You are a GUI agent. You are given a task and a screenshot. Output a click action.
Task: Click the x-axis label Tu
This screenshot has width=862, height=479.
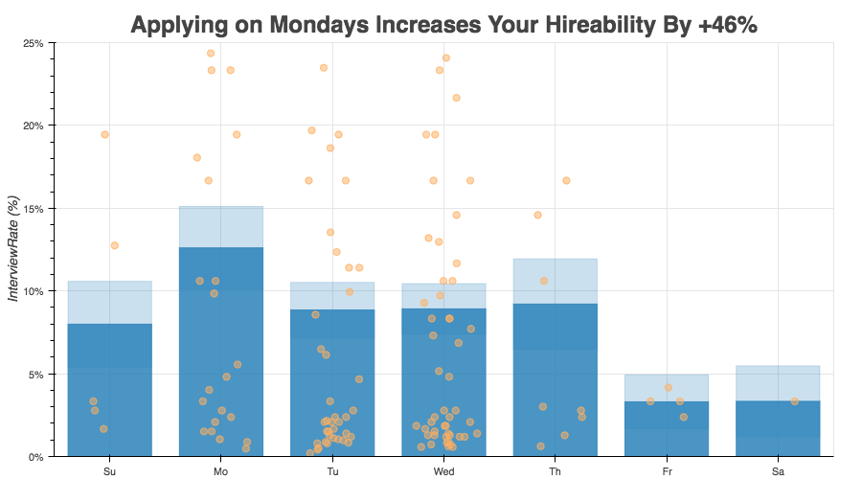pos(332,471)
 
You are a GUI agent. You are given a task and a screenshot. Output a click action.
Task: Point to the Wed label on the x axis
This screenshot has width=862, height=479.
pos(443,471)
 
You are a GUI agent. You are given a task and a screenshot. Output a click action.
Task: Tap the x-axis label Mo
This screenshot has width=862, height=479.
pos(220,471)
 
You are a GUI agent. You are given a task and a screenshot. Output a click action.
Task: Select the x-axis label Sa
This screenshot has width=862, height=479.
pos(778,471)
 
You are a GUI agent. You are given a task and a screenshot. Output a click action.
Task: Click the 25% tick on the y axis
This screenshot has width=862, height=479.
pos(33,43)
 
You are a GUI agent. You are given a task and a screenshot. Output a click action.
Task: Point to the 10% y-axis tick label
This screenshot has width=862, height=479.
pos(33,291)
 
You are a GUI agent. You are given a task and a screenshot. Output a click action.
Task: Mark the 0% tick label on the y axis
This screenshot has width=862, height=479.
pos(35,457)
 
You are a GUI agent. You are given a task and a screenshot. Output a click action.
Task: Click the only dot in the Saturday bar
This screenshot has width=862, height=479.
pos(795,401)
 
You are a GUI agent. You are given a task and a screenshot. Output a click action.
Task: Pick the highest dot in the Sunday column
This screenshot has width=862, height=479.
pos(104,134)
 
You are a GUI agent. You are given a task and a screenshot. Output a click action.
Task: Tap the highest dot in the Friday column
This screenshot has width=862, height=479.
pos(668,387)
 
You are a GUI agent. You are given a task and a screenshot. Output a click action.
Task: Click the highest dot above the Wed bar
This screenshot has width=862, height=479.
pos(446,57)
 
